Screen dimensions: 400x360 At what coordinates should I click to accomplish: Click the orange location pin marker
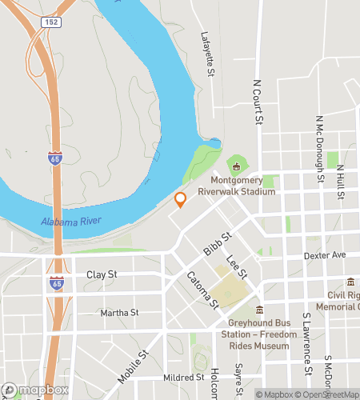(x=181, y=199)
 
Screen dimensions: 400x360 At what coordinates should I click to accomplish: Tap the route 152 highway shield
(x=52, y=22)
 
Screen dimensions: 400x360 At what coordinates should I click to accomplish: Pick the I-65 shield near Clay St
(x=55, y=283)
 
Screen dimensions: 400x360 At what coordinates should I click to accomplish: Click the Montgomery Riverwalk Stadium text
(x=236, y=186)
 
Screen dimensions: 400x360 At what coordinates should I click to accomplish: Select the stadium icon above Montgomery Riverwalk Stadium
(x=236, y=166)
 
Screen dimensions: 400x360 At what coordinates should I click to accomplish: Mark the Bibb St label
(x=217, y=244)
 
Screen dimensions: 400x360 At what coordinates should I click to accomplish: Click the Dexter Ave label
(x=324, y=256)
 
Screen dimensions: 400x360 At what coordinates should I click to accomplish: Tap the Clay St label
(x=102, y=274)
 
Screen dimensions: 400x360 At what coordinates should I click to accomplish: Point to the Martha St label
(x=120, y=312)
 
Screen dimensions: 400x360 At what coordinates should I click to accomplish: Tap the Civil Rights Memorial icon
(x=350, y=281)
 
